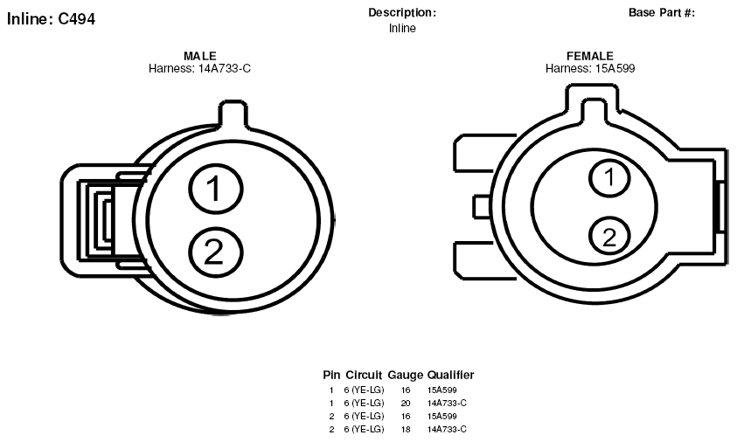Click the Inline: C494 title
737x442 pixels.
51,19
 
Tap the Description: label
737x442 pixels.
402,13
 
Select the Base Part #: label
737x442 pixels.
661,13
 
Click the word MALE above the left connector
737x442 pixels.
199,57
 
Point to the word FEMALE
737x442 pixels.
590,57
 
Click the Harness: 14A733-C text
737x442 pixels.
199,69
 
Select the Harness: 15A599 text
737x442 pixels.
590,69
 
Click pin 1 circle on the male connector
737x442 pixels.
216,189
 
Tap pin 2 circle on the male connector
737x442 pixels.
216,252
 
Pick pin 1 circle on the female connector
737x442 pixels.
609,177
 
